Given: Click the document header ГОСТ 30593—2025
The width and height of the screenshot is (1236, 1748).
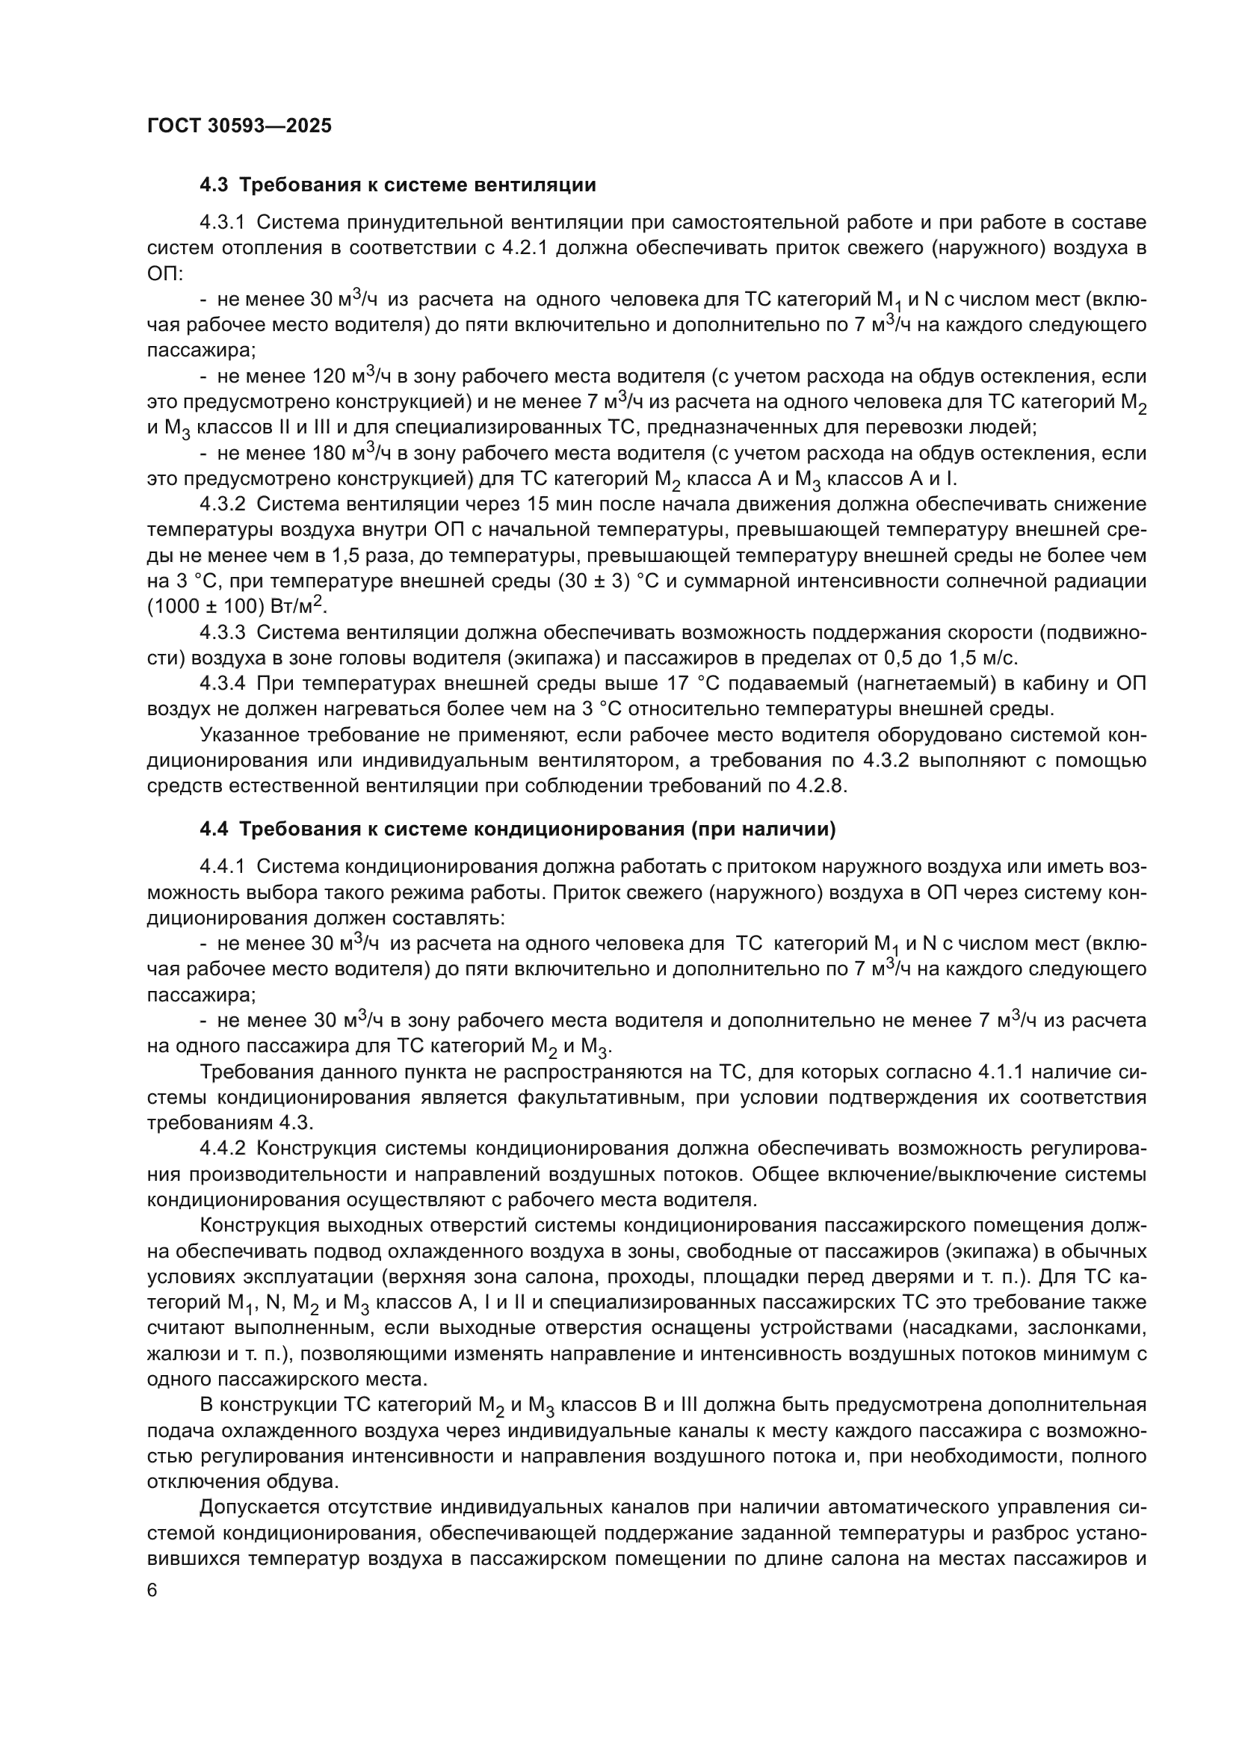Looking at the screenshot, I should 239,126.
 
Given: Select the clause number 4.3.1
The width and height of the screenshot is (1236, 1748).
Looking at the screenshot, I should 222,223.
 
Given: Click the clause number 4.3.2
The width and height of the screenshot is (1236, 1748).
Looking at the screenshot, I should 222,504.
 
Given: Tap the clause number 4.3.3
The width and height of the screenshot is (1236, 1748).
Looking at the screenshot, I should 222,633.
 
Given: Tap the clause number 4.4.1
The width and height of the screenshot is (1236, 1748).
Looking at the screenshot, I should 222,867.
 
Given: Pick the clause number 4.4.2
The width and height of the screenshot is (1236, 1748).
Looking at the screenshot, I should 222,1149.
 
